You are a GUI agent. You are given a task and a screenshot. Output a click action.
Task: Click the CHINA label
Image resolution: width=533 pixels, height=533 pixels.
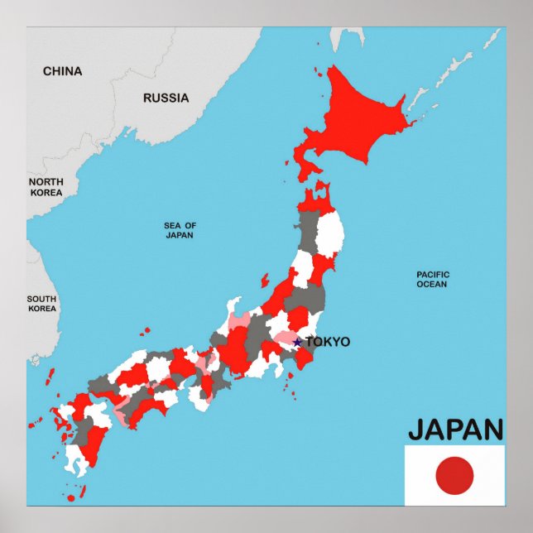pyautogui.click(x=62, y=71)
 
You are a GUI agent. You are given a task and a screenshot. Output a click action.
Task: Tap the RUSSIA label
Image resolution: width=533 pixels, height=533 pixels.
pyautogui.click(x=166, y=98)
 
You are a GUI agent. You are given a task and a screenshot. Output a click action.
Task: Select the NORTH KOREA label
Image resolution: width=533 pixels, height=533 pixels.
pyautogui.click(x=46, y=187)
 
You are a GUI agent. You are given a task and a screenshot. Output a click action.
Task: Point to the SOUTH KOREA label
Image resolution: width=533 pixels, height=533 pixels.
pyautogui.click(x=41, y=304)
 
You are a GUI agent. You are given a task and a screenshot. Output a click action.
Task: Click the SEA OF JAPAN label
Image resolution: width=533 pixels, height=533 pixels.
pyautogui.click(x=180, y=230)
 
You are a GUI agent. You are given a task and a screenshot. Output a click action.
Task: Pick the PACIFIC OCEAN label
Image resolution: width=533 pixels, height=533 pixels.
pyautogui.click(x=432, y=279)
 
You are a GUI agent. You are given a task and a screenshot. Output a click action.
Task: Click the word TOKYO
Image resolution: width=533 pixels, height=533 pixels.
pyautogui.click(x=328, y=342)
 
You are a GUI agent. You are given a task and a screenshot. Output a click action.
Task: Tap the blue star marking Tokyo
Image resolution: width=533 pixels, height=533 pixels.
pyautogui.click(x=298, y=342)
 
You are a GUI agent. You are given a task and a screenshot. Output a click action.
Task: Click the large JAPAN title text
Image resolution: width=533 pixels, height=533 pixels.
pyautogui.click(x=455, y=430)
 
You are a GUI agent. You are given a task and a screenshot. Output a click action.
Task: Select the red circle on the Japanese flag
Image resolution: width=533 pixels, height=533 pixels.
pyautogui.click(x=454, y=476)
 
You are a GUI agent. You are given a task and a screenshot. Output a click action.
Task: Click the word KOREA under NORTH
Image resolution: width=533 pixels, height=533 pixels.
pyautogui.click(x=46, y=193)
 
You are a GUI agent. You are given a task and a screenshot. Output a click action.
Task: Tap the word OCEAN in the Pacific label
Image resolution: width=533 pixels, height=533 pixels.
pyautogui.click(x=432, y=284)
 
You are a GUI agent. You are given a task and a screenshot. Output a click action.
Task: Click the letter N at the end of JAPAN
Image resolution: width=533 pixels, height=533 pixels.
pyautogui.click(x=492, y=430)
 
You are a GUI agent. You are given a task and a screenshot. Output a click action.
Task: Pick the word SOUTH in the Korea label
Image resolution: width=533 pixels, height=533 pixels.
pyautogui.click(x=41, y=299)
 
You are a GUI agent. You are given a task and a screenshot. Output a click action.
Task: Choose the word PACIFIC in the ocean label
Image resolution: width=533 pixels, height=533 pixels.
pyautogui.click(x=432, y=274)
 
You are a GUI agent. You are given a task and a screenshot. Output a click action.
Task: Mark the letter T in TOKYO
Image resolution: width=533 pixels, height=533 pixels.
pyautogui.click(x=310, y=342)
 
